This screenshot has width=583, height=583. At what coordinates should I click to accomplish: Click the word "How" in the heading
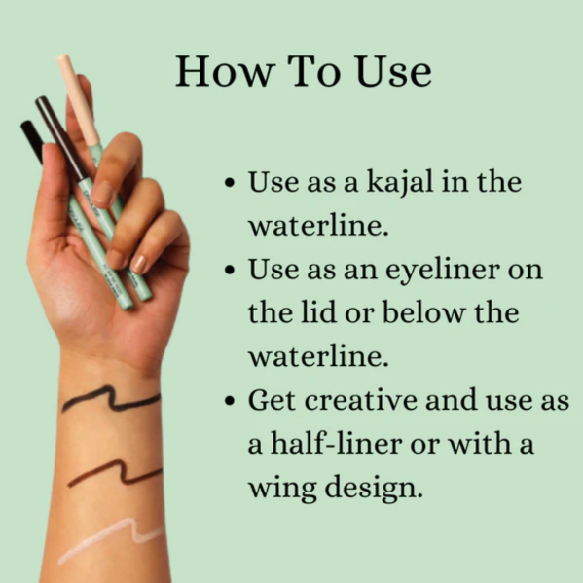click(226, 71)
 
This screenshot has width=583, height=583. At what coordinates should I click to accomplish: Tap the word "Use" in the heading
click(393, 71)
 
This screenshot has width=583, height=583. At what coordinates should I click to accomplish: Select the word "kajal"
click(400, 183)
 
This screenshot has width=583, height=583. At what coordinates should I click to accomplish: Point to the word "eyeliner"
click(443, 271)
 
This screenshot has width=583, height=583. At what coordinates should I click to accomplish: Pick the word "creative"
click(362, 400)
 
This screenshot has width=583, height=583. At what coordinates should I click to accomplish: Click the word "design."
click(374, 487)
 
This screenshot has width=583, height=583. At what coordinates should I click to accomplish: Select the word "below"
click(423, 312)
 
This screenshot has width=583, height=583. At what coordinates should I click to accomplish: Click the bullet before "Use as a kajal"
click(230, 183)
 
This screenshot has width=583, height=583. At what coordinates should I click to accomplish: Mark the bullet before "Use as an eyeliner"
click(230, 270)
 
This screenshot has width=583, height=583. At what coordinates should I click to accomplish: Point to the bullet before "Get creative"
click(230, 401)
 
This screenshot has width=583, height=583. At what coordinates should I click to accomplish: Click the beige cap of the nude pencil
click(78, 99)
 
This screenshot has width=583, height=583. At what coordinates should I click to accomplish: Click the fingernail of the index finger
click(102, 192)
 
